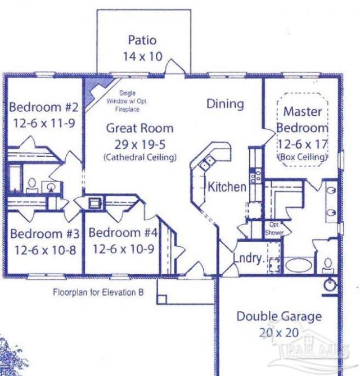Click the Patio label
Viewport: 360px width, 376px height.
click(x=142, y=40)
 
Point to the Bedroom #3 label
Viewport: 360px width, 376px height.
click(x=43, y=233)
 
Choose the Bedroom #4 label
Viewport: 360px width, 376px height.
click(x=123, y=233)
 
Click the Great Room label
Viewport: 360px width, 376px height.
click(x=140, y=128)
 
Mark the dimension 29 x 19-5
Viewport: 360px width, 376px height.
click(x=140, y=143)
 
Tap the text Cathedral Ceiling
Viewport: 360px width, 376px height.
click(x=140, y=157)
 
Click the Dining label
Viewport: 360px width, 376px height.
click(x=225, y=104)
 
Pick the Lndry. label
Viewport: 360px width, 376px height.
click(x=249, y=259)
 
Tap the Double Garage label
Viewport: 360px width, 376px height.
click(x=279, y=316)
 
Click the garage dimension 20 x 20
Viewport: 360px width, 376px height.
click(x=280, y=332)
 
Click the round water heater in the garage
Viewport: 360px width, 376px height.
click(x=330, y=286)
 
